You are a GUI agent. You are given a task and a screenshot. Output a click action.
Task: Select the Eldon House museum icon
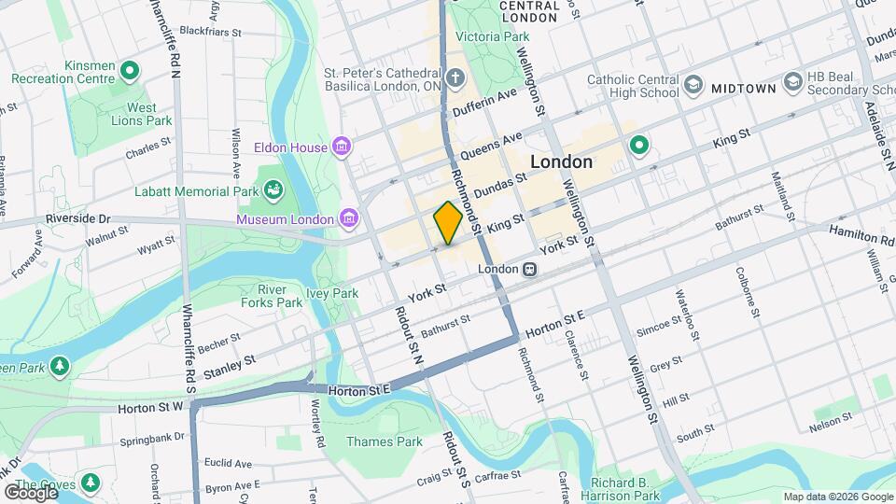(343, 147)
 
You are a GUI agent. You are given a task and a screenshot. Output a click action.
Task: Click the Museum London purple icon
(349, 218)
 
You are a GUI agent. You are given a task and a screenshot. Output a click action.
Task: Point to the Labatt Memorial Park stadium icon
(273, 191)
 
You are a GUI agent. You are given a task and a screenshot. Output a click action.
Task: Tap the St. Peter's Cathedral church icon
(455, 76)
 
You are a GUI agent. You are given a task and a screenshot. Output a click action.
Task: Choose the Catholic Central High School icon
(693, 86)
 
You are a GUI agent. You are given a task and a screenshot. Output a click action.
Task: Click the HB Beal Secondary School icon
(793, 82)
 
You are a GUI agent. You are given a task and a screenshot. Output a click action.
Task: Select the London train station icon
(529, 269)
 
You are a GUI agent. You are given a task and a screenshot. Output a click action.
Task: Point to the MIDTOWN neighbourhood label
(743, 88)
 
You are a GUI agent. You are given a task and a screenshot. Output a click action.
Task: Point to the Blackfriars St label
(210, 31)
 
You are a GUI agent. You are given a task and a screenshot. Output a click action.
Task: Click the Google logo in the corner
(30, 492)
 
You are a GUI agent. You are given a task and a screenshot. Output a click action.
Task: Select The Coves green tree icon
(91, 483)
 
